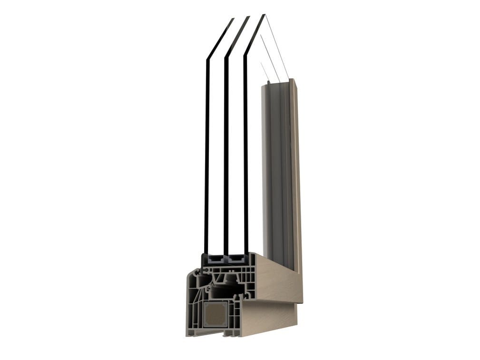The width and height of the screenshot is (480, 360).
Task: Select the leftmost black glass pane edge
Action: point(207,157)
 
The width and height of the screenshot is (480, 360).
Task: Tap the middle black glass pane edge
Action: point(226,157)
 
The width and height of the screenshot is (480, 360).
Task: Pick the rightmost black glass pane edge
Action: point(246,157)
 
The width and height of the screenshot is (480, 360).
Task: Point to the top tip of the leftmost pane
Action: point(233,19)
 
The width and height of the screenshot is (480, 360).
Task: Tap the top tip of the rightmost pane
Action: point(264,16)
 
